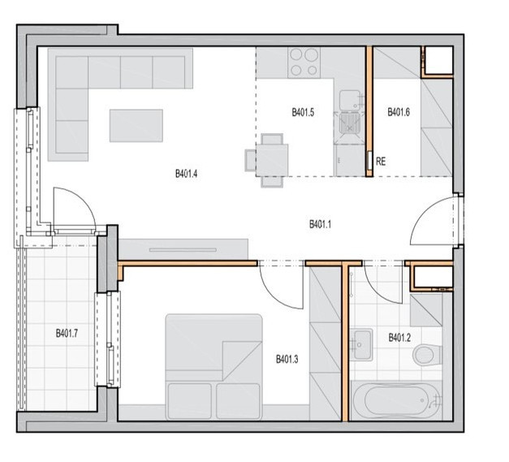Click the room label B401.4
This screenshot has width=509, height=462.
point(187,174)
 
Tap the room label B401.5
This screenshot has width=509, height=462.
point(303,113)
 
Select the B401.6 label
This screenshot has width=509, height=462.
point(399,112)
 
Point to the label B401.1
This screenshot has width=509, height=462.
point(320,224)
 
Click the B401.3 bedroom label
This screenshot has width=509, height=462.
point(287,360)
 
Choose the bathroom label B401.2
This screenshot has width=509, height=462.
point(399,338)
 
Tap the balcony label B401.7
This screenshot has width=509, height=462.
point(67,334)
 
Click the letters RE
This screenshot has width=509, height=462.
point(381,162)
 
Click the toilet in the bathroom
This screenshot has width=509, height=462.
point(427,354)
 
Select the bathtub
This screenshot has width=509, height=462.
point(397,400)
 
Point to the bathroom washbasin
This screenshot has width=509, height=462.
point(361,345)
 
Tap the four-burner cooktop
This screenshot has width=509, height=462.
point(304,63)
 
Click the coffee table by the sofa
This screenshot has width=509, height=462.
point(136,126)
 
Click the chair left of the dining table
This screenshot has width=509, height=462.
point(251,160)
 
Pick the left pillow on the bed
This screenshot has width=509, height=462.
point(190,400)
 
